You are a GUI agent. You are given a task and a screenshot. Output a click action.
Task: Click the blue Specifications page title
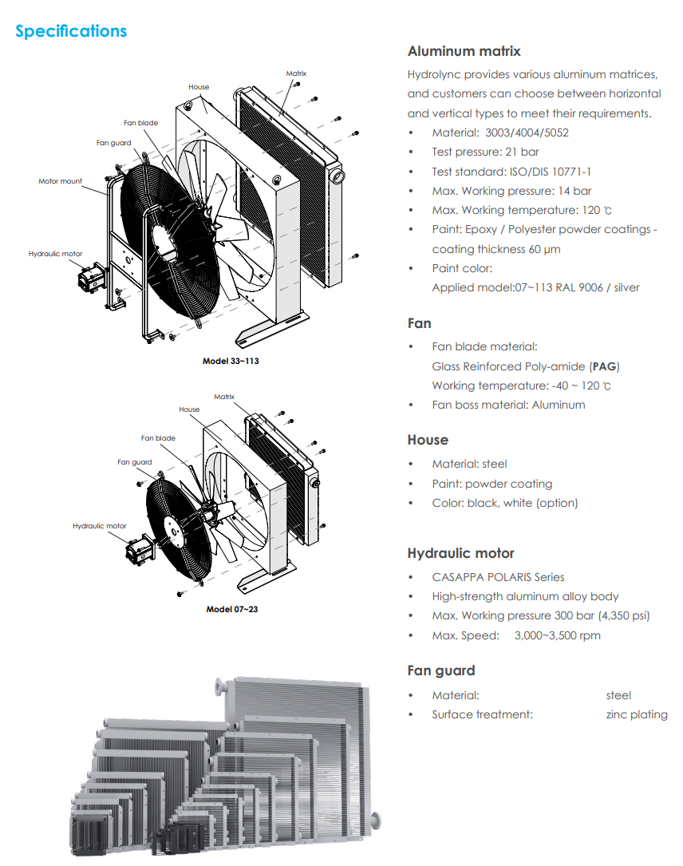(x=71, y=31)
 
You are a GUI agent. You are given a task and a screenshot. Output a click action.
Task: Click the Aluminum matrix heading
(x=464, y=51)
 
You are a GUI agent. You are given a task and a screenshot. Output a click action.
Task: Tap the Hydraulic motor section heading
(x=460, y=553)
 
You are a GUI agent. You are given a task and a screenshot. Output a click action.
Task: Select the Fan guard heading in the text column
(x=440, y=670)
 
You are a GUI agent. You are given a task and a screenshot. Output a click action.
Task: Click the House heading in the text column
(x=428, y=440)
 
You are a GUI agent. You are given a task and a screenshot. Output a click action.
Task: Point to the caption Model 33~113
(x=231, y=361)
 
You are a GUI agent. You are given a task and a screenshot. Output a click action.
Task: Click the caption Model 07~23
(x=231, y=609)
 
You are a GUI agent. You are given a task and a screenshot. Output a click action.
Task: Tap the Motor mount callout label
(x=60, y=181)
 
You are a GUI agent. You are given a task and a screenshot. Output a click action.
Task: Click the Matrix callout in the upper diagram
(x=296, y=73)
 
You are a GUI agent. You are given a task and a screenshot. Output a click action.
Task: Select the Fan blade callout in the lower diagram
(x=158, y=438)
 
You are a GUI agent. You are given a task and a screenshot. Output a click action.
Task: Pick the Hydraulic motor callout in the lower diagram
(x=99, y=526)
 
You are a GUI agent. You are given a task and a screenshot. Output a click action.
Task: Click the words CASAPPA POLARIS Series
(x=498, y=577)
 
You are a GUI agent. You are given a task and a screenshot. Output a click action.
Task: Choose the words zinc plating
(x=636, y=714)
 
